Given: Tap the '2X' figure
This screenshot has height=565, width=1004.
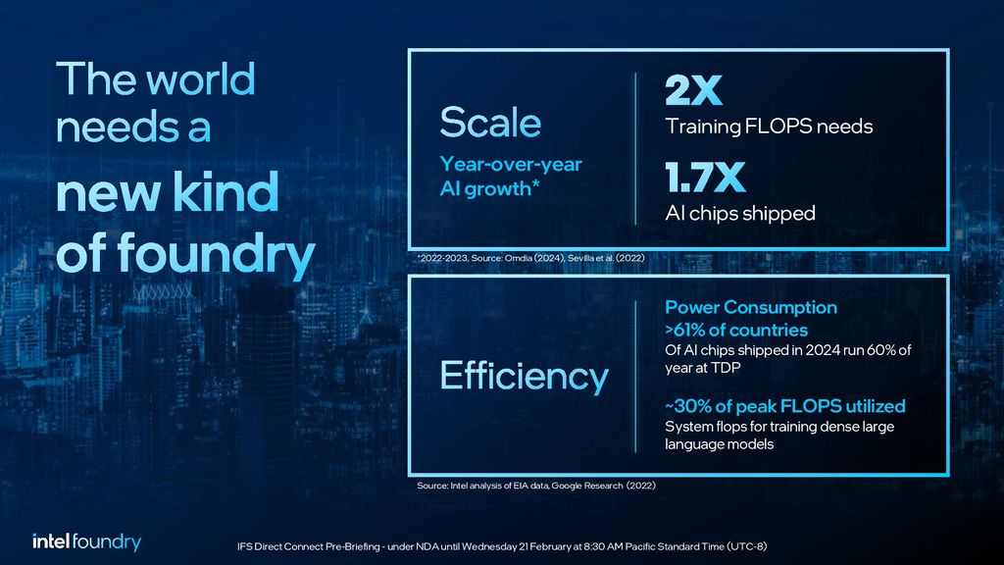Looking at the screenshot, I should tap(693, 91).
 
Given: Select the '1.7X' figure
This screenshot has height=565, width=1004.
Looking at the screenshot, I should tap(705, 179).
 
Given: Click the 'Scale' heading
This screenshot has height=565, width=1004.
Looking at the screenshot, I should tap(490, 124).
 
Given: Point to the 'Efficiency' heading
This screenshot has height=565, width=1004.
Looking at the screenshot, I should tap(524, 377).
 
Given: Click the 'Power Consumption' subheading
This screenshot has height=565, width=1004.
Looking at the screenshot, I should tap(751, 307).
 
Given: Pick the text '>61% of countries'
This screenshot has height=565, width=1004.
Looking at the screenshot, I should tap(736, 330).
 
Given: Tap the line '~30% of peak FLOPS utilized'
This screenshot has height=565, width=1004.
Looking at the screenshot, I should tap(784, 405).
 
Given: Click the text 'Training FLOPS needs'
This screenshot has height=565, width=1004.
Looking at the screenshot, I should tap(769, 127).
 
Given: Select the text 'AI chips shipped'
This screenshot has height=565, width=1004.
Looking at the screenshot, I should tap(740, 213).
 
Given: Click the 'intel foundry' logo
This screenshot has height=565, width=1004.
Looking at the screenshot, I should tap(86, 542).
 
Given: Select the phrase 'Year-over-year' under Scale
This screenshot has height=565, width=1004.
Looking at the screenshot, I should tap(510, 164).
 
